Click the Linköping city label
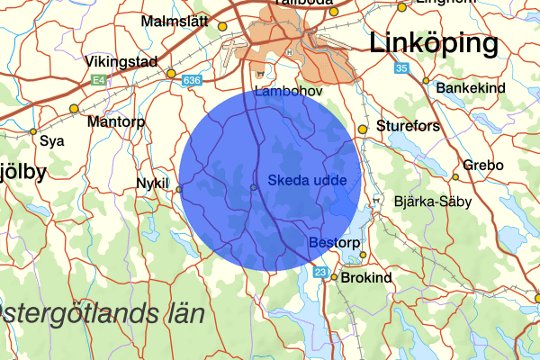433,43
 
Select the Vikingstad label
122,62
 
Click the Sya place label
53,141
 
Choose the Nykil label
152,183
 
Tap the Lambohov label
288,92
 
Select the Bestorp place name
334,243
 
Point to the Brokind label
367,278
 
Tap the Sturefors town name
409,126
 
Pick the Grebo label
484,166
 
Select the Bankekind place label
471,88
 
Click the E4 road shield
99,81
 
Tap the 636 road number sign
190,81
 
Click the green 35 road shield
401,68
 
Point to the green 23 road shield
321,271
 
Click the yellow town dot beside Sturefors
363,130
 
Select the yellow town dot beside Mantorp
74,109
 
